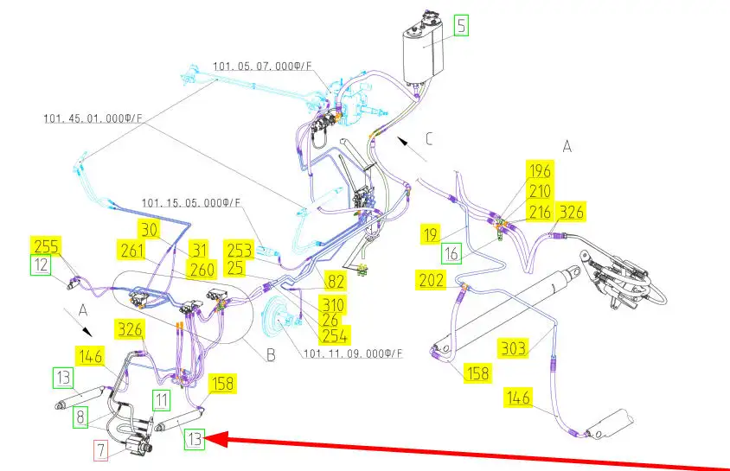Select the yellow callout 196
click(540, 170)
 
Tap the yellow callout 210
click(540, 191)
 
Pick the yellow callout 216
click(540, 213)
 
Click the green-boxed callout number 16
click(451, 252)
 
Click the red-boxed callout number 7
click(101, 450)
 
